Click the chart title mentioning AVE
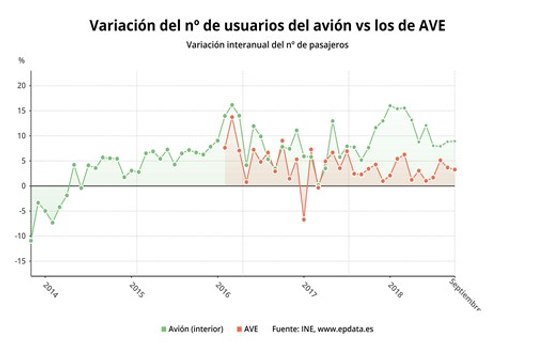tap(267, 24)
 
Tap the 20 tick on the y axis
tap(21, 85)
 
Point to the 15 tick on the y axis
tap(21, 110)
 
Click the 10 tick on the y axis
tap(21, 135)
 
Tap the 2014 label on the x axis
tap(51, 287)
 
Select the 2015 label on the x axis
tap(136, 287)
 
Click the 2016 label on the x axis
tap(221, 287)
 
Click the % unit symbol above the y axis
tap(21, 62)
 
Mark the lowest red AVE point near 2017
tap(304, 219)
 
